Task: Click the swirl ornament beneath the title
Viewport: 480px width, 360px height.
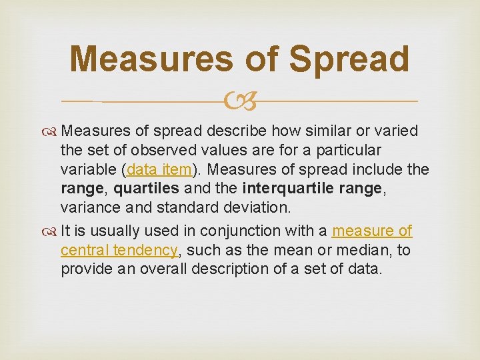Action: point(240,101)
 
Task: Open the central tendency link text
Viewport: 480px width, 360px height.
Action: point(119,250)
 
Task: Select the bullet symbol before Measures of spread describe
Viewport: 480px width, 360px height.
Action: point(51,131)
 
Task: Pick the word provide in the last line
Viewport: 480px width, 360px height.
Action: point(84,269)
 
